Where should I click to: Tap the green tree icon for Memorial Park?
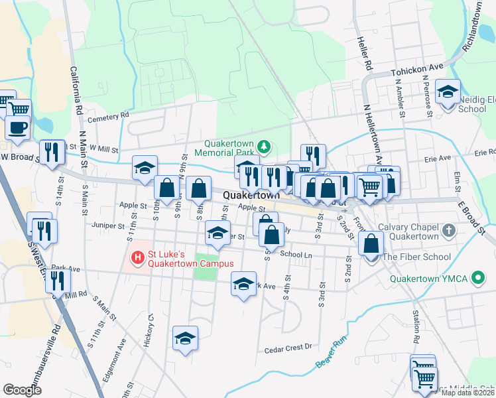(x=264, y=146)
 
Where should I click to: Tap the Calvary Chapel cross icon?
(x=449, y=231)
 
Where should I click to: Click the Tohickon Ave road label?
(x=416, y=68)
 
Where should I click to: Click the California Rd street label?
(x=76, y=90)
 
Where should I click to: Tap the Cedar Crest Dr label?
(x=288, y=348)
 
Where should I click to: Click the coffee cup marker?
(x=18, y=126)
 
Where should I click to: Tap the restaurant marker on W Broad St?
(x=52, y=152)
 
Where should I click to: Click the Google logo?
(x=23, y=390)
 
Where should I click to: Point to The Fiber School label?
(x=416, y=257)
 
